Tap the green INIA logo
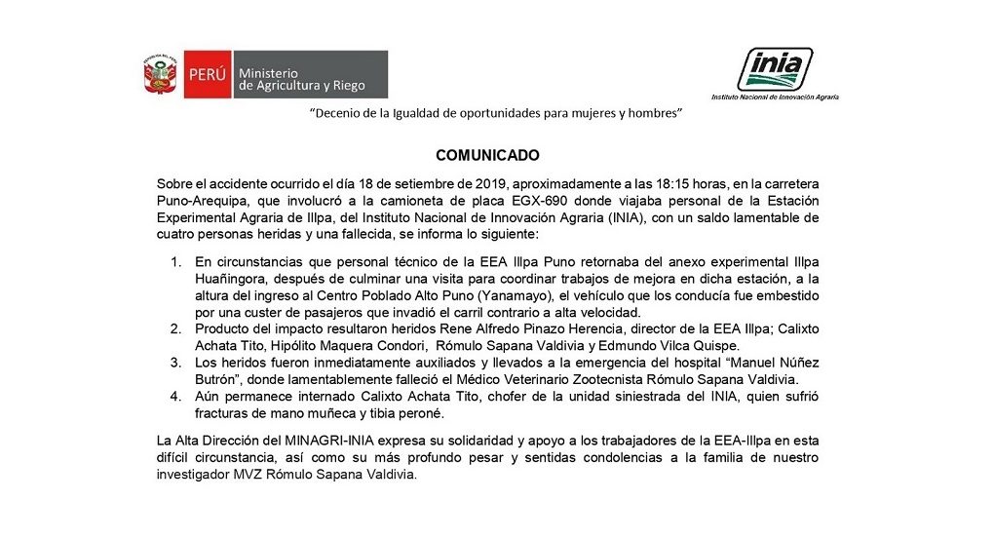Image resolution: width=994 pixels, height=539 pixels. pos(775,69)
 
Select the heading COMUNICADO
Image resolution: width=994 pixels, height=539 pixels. pos(487,155)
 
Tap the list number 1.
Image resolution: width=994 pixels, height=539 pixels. pos(176,262)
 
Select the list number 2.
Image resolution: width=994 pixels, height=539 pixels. pos(176,328)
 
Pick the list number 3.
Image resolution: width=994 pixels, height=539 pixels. pos(176,363)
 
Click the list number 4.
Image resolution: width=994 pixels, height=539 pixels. pos(176,396)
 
